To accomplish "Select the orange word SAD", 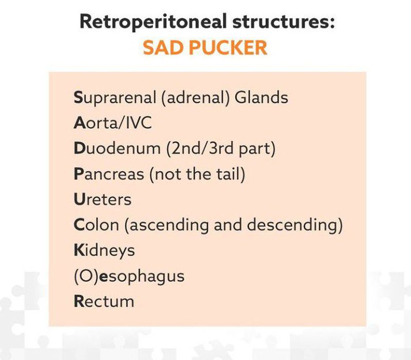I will pyautogui.click(x=163, y=47).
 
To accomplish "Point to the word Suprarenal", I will pyautogui.click(x=115, y=97).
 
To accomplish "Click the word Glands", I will pyautogui.click(x=261, y=97).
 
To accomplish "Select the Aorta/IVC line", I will pyautogui.click(x=113, y=123).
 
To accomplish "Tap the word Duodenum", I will pyautogui.click(x=117, y=149).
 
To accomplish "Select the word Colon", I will pyautogui.click(x=97, y=225).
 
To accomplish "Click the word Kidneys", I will pyautogui.click(x=104, y=250).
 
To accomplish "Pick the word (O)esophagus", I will pyautogui.click(x=129, y=276).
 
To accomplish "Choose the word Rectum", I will pyautogui.click(x=104, y=301).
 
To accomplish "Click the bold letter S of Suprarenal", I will pyautogui.click(x=78, y=97).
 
